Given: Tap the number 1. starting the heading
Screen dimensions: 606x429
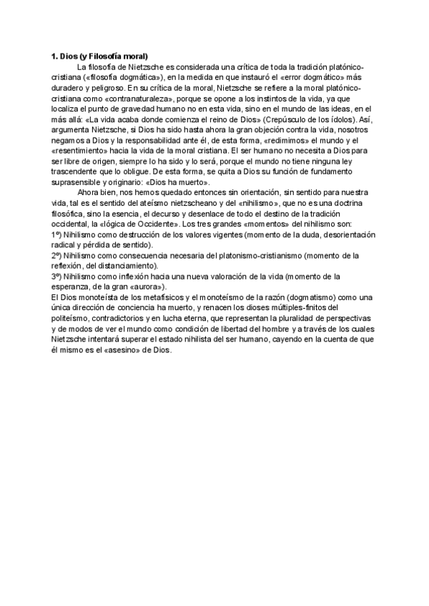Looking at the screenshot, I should [54, 56].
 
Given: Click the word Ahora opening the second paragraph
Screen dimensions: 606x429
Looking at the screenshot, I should [89, 194].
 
